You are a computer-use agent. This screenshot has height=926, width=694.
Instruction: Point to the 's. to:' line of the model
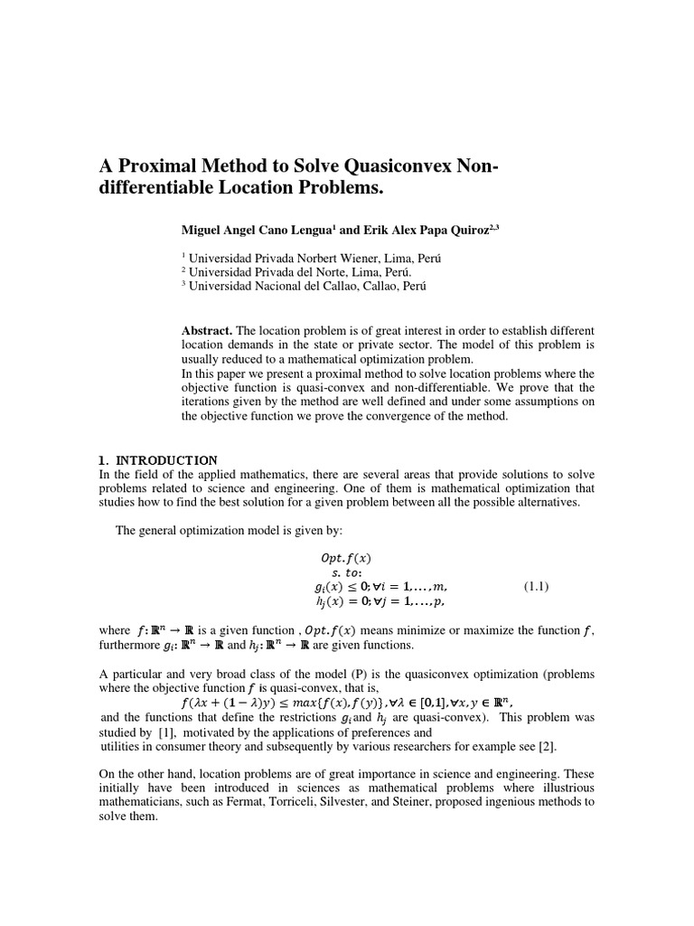tap(347, 572)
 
